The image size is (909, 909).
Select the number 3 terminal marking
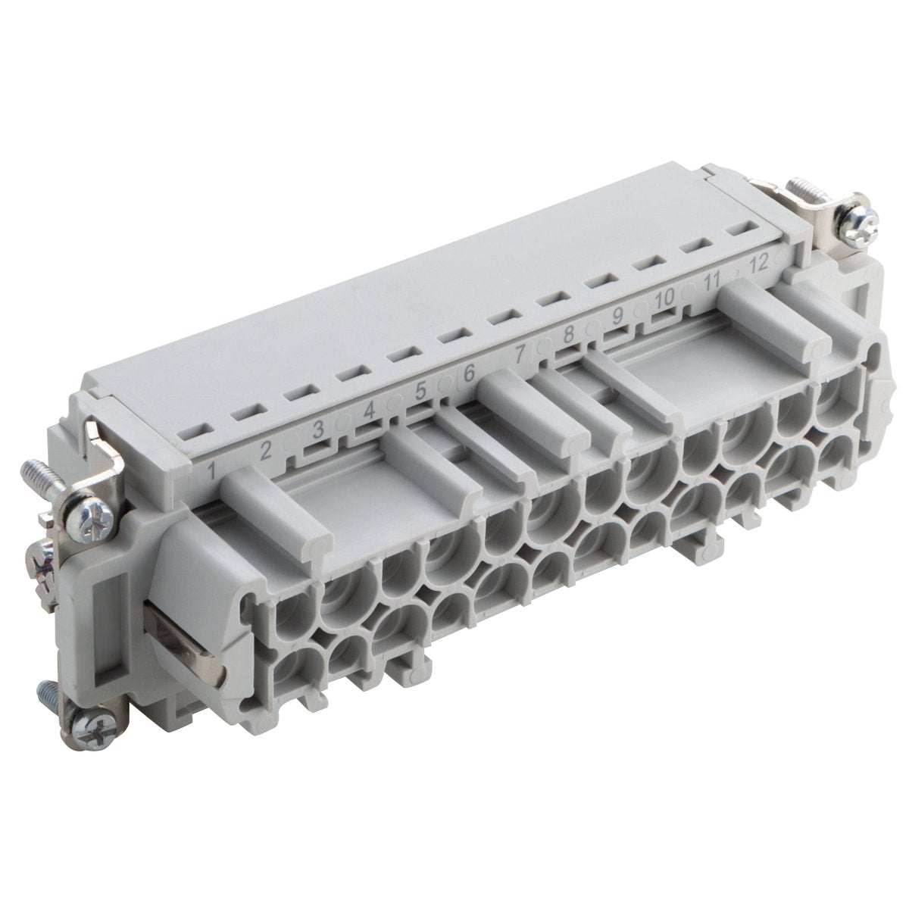point(319,430)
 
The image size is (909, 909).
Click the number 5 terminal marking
point(420,390)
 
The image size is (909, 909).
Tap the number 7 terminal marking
point(520,353)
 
